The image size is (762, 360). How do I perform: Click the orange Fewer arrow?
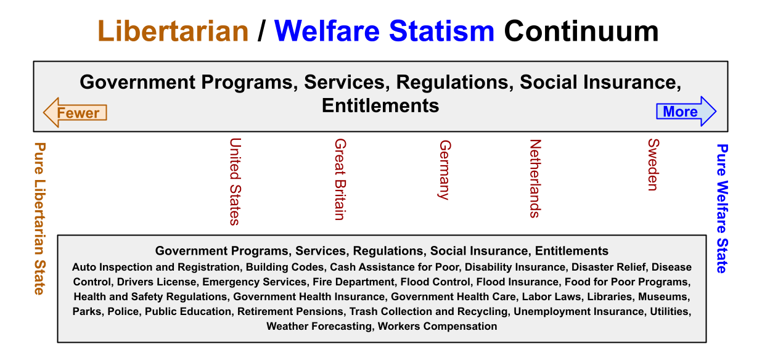[x=75, y=113]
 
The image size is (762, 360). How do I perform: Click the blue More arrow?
[x=686, y=111]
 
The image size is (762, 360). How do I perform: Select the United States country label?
[x=236, y=182]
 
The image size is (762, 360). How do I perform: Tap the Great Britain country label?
[x=340, y=179]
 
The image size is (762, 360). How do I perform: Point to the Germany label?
[x=445, y=170]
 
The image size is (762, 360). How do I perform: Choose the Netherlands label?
[x=536, y=179]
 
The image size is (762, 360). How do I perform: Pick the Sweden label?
[x=653, y=165]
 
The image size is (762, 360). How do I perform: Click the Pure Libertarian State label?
[x=40, y=219]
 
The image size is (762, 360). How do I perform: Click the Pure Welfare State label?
[x=722, y=208]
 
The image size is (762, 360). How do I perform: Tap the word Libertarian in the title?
[x=173, y=31]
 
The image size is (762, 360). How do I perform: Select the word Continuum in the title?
[x=581, y=31]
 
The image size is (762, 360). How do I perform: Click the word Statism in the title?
[x=441, y=31]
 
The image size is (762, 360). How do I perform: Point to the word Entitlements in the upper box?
[x=380, y=105]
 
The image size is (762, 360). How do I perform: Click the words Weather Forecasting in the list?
[x=319, y=326]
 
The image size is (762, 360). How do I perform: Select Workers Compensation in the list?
[x=438, y=326]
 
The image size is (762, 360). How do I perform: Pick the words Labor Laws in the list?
[x=551, y=297]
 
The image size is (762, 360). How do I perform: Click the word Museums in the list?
[x=664, y=297]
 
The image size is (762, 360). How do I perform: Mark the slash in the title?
[x=261, y=31]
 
